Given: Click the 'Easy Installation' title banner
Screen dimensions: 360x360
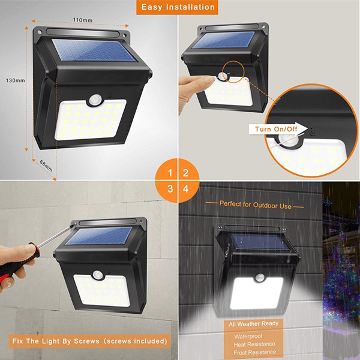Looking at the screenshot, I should [x=179, y=7].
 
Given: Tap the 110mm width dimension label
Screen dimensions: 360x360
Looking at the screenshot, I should [x=83, y=19].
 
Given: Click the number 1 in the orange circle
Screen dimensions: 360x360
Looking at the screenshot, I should [x=170, y=173].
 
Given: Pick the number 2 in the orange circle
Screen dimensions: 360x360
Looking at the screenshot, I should [x=187, y=173].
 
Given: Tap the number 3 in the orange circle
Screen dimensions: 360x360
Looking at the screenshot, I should [x=170, y=189].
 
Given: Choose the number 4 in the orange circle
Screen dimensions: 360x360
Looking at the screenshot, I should [x=187, y=189].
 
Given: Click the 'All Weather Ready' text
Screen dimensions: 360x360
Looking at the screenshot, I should [x=253, y=324].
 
